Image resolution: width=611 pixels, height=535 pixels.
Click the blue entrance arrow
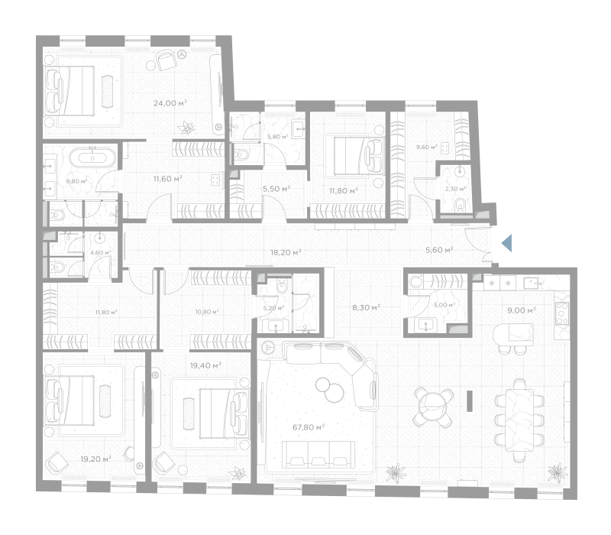pyautogui.click(x=506, y=243)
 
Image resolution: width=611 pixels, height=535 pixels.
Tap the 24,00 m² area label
pyautogui.click(x=170, y=103)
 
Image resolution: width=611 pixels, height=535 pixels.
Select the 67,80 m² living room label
pyautogui.click(x=309, y=427)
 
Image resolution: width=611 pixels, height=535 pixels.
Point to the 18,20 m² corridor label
pyautogui.click(x=286, y=253)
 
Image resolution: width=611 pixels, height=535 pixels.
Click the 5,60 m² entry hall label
pyautogui.click(x=439, y=250)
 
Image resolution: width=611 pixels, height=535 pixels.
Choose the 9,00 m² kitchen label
pyautogui.click(x=522, y=310)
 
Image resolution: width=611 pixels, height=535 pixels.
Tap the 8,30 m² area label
pyautogui.click(x=367, y=308)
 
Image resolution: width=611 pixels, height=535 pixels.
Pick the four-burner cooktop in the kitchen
pyautogui.click(x=562, y=313)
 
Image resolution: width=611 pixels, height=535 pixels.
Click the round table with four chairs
pyautogui.click(x=433, y=407)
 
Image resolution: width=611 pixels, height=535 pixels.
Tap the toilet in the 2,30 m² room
pyautogui.click(x=461, y=203)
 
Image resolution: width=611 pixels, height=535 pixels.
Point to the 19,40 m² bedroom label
pyautogui.click(x=205, y=366)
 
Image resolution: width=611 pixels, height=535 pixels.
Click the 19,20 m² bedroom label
pyautogui.click(x=96, y=459)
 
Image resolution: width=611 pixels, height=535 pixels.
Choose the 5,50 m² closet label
pyautogui.click(x=276, y=189)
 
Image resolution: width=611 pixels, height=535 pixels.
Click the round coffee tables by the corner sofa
pyautogui.click(x=330, y=389)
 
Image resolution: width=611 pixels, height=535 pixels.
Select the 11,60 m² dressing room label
pyautogui.click(x=167, y=179)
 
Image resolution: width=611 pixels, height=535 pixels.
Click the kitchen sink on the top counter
pyautogui.click(x=532, y=282)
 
